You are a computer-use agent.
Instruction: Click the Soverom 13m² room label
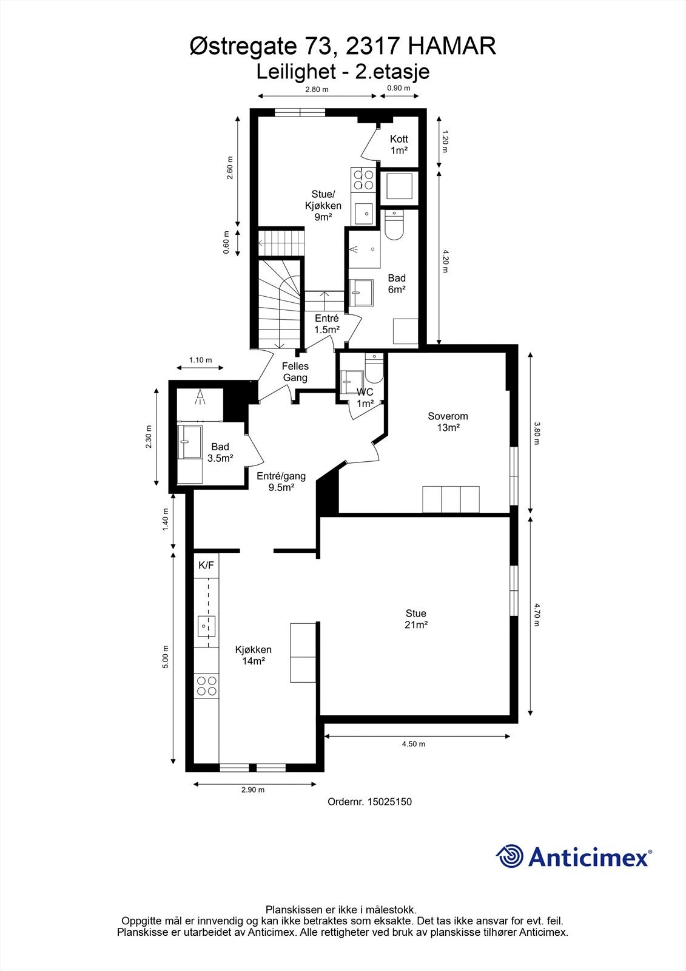click(448, 422)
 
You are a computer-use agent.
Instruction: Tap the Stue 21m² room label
click(416, 619)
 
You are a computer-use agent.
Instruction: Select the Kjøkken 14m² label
click(254, 655)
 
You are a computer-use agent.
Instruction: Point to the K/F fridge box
click(206, 566)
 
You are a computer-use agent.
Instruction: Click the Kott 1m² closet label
click(398, 144)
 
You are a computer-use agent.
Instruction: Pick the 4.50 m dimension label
click(414, 744)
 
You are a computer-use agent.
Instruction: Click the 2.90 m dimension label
click(253, 790)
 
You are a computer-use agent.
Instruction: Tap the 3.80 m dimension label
click(536, 433)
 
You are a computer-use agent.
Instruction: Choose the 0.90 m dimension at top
click(398, 89)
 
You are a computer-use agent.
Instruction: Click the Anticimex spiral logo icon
click(510, 857)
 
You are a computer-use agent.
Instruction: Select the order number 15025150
click(388, 802)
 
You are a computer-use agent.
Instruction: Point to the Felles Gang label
click(295, 372)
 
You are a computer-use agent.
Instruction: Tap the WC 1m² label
click(365, 398)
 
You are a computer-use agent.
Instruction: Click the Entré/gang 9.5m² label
click(281, 481)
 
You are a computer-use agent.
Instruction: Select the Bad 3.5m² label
click(220, 453)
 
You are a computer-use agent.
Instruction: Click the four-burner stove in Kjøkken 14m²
click(206, 686)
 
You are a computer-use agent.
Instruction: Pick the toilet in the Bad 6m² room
click(394, 224)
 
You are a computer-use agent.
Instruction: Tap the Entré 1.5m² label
click(326, 323)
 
